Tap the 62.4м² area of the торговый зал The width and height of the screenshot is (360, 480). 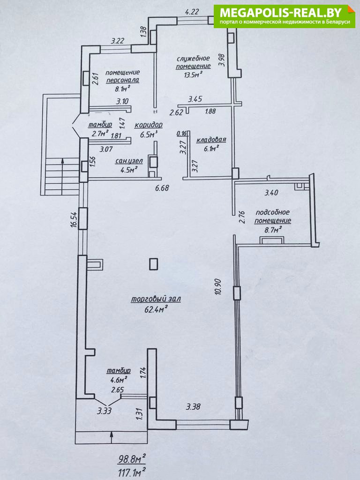point(150,308)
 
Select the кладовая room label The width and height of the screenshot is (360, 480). point(211,140)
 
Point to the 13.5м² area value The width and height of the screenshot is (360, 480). point(193,75)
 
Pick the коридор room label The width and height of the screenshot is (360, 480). point(149,125)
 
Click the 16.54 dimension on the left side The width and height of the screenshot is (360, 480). point(74,218)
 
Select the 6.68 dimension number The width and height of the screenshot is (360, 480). point(162,188)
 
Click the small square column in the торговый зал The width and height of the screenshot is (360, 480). point(154,264)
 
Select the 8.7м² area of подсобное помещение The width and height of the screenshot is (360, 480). point(273,230)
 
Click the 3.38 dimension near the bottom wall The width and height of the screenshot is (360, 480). point(193,407)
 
